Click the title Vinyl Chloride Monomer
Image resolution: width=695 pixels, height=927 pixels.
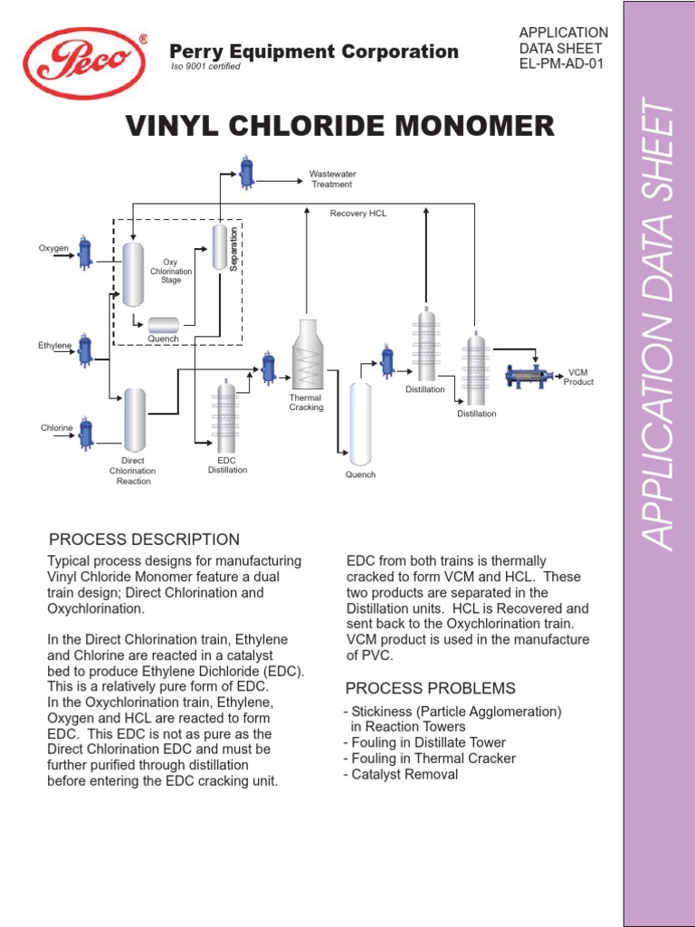pyautogui.click(x=340, y=126)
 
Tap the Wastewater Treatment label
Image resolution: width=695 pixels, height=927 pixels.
pyautogui.click(x=332, y=178)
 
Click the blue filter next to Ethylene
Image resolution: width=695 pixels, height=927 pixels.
pyautogui.click(x=85, y=349)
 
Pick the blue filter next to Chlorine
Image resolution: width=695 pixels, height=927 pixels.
pyautogui.click(x=85, y=432)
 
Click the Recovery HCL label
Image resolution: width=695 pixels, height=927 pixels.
pyautogui.click(x=357, y=214)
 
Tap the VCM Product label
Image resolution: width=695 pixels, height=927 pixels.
pyautogui.click(x=579, y=377)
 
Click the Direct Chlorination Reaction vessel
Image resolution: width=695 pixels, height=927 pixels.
pyautogui.click(x=135, y=419)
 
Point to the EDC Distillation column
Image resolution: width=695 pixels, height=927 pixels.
pyautogui.click(x=225, y=416)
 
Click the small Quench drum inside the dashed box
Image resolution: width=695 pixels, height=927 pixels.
pyautogui.click(x=164, y=324)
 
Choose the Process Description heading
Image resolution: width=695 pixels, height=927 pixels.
pyautogui.click(x=144, y=540)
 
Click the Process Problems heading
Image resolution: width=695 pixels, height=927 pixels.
pyautogui.click(x=431, y=688)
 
